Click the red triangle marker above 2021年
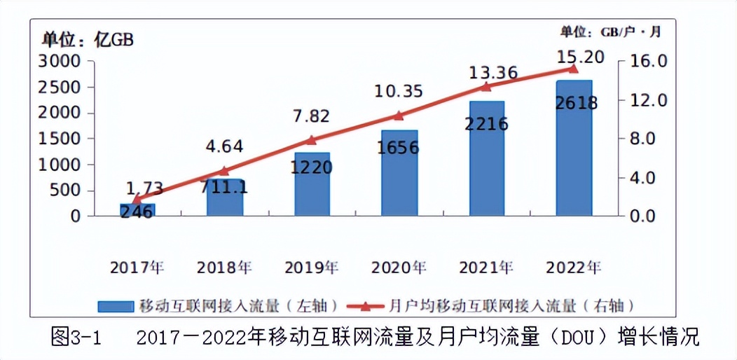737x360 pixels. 486,86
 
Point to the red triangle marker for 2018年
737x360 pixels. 224,170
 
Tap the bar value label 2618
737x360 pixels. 576,104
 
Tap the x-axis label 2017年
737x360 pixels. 137,268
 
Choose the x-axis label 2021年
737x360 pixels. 486,268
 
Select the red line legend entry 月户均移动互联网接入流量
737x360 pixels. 490,306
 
